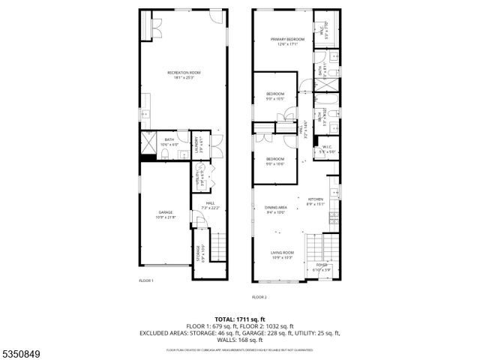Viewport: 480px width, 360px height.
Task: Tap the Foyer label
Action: pyautogui.click(x=322, y=266)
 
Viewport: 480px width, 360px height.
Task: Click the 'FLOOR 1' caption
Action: pyautogui.click(x=145, y=280)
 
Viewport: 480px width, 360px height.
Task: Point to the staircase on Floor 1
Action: pyautogui.click(x=217, y=244)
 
